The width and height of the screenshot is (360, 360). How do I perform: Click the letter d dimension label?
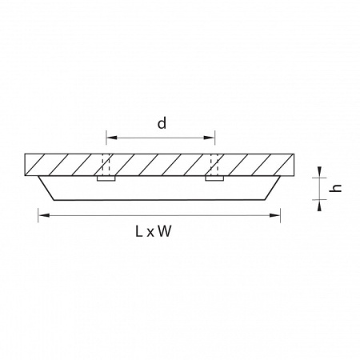click(162, 123)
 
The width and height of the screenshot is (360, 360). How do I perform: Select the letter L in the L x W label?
click(138, 231)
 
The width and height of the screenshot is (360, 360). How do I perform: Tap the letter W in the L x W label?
click(164, 231)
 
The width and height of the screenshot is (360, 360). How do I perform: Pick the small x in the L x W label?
click(150, 233)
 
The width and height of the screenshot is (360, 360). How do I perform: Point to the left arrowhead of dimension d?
click(112, 138)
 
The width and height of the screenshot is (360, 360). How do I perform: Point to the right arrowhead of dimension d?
click(209, 138)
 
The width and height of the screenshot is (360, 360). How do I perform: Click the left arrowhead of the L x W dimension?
click(44, 215)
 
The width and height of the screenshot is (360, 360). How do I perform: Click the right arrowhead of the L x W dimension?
click(274, 215)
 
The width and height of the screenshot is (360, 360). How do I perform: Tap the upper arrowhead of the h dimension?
click(319, 172)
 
